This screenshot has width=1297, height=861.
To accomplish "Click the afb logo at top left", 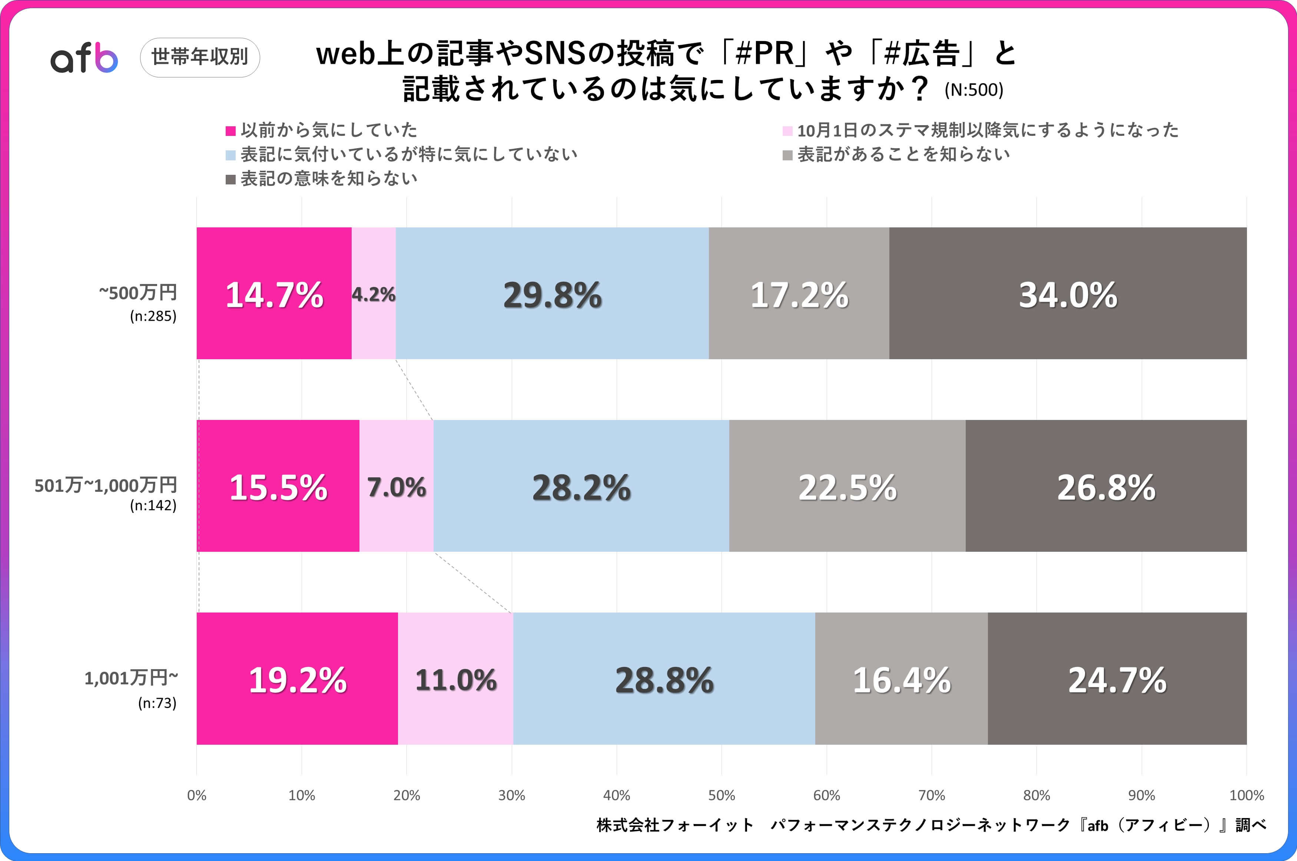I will tap(84, 58).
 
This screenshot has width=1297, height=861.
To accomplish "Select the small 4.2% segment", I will tap(374, 293).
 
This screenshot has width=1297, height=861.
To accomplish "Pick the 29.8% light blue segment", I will tap(552, 293).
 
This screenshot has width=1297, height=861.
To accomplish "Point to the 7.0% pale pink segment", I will tap(396, 486).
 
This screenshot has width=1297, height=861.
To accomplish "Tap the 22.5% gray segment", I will tap(847, 486).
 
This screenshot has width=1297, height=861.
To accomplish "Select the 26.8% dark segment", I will tap(1106, 486).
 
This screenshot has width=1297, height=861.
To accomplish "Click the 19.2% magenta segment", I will tap(297, 679).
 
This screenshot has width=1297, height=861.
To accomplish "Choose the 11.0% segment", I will tap(455, 679).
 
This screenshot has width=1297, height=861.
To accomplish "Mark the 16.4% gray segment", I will tap(901, 679).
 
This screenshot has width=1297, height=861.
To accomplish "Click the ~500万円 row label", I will tap(138, 293).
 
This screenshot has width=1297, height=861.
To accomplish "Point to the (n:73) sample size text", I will tap(157, 703).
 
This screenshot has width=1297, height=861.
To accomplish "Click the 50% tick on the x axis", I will tap(721, 795).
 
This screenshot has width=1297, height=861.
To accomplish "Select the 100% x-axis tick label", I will tap(1246, 795).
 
